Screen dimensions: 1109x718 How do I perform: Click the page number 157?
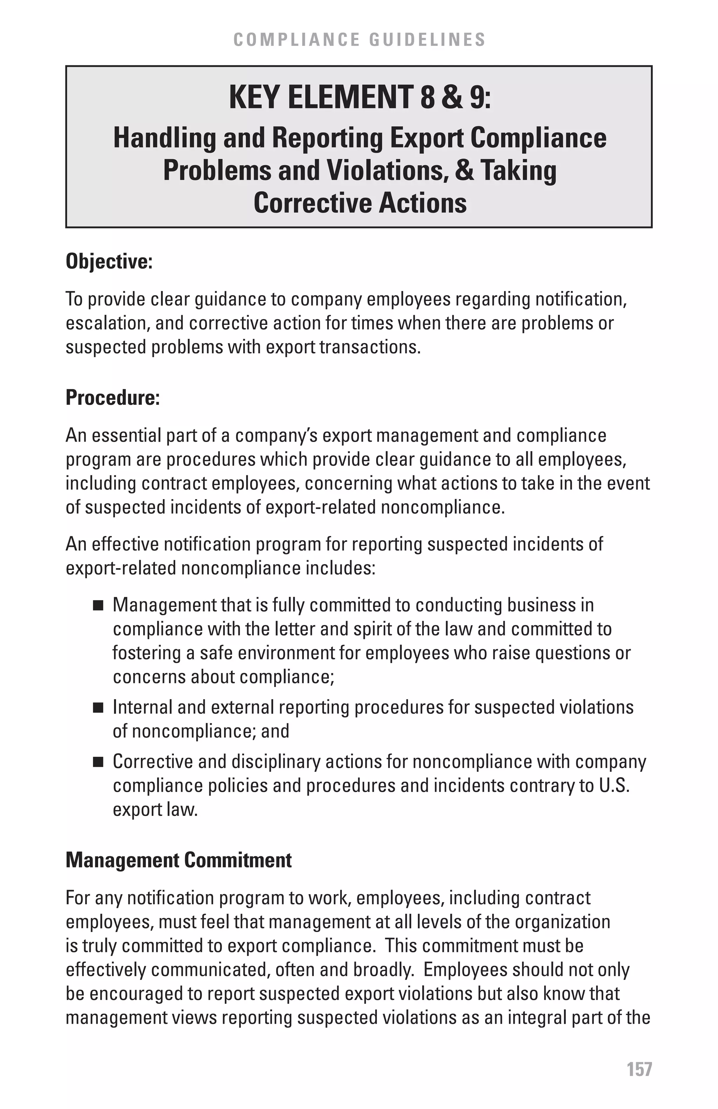(639, 1069)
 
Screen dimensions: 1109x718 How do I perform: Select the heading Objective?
(109, 261)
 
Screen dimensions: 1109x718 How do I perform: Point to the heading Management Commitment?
(178, 860)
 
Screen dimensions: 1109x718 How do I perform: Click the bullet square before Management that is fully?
(98, 606)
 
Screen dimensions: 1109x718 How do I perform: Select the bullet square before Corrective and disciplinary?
(98, 763)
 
